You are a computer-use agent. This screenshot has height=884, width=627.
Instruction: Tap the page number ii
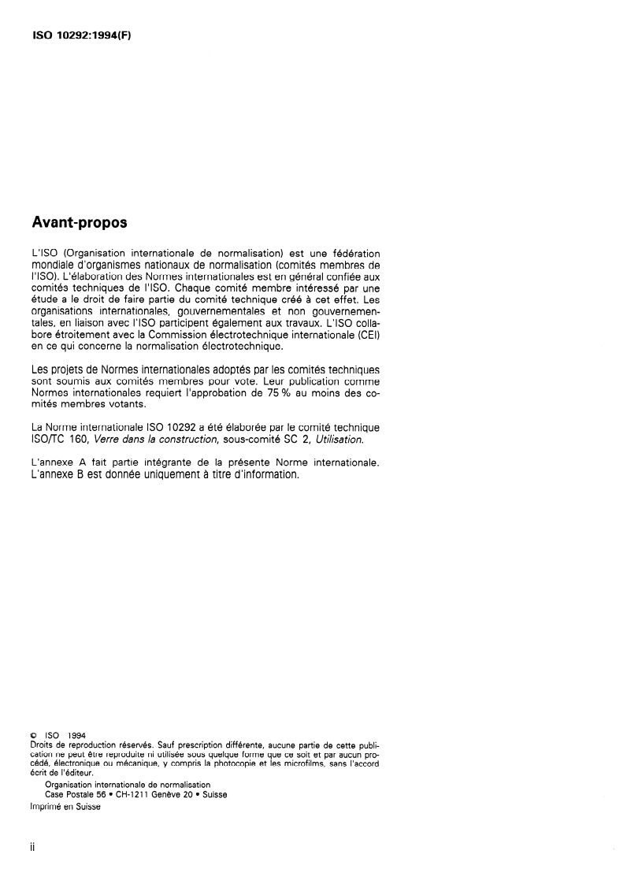click(32, 852)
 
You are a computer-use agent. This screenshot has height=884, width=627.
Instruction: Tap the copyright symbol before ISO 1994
click(32, 736)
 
